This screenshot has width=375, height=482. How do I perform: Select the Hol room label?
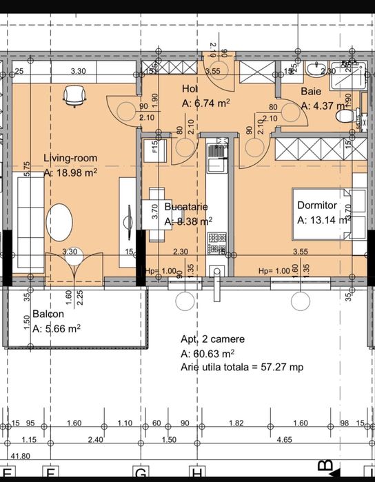190,89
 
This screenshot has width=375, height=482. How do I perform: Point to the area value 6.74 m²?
205,103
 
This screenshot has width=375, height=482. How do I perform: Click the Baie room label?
310,91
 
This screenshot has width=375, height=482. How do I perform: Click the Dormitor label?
316,205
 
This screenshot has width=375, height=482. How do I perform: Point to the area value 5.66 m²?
57,329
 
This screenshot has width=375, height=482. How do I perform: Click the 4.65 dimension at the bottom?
283,439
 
